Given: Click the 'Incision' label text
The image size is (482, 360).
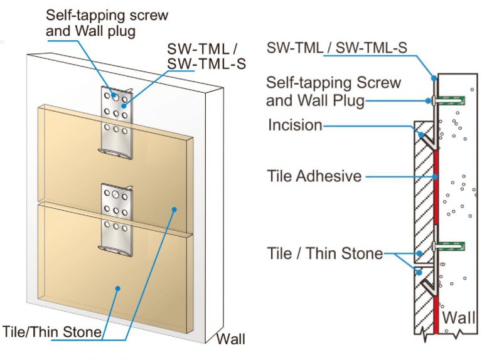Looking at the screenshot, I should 294,125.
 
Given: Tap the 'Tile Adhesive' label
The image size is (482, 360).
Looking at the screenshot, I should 314,176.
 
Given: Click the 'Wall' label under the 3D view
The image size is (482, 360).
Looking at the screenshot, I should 230,340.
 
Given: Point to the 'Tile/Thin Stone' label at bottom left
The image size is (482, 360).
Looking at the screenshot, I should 53,331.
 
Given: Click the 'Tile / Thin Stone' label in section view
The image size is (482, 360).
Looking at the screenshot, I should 324,253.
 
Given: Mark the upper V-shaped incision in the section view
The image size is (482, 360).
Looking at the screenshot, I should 426,141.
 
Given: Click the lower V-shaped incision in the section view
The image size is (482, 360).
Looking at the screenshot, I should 426,285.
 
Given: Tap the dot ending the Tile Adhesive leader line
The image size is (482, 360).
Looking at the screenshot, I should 434,176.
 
